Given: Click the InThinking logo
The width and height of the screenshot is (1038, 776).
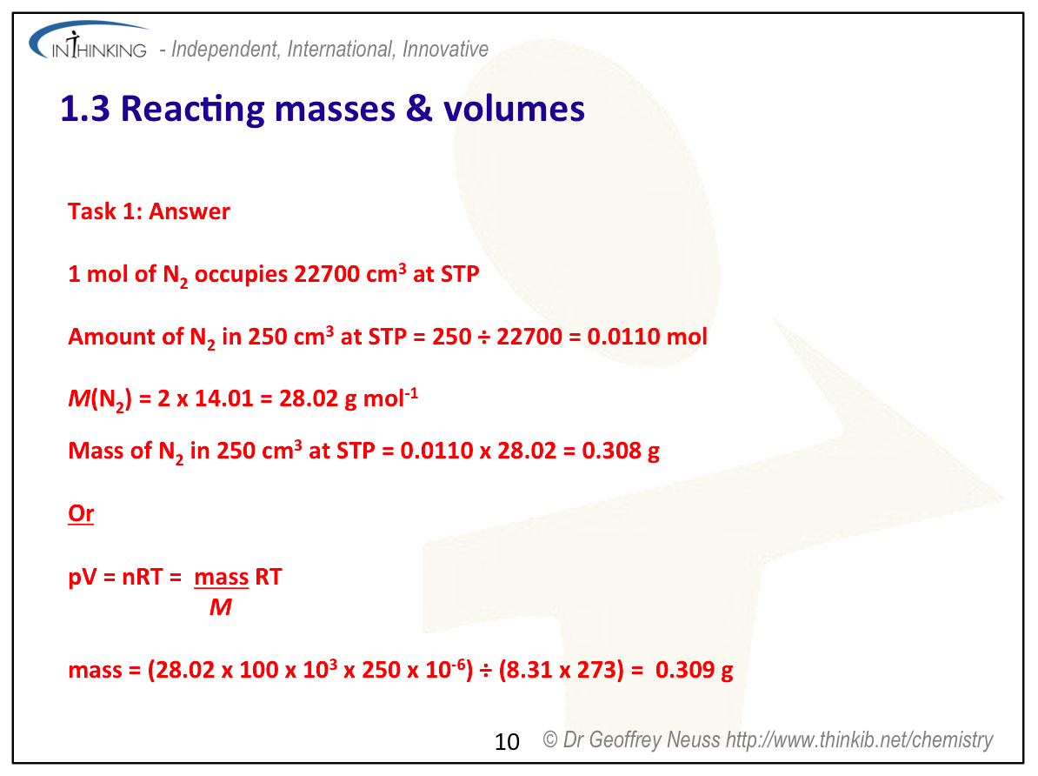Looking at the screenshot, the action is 89,42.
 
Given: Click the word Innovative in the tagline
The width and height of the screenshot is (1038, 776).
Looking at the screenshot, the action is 445,49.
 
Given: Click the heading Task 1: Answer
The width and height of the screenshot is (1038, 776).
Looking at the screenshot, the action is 149,211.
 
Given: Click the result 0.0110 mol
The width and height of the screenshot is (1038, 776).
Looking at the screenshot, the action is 648,336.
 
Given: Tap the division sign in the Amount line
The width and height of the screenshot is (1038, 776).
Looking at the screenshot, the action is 484,337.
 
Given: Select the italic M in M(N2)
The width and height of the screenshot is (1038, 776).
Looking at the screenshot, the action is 79,398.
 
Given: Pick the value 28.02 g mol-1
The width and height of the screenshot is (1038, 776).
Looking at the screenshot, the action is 349,398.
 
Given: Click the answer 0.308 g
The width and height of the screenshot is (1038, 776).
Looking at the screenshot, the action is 621,451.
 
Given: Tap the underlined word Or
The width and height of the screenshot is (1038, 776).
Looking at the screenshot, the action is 81,513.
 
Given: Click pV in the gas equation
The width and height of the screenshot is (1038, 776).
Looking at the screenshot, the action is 82,577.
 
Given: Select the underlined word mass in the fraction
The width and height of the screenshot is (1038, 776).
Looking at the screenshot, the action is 221,577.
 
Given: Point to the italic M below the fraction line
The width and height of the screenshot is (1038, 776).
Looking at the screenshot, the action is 221,607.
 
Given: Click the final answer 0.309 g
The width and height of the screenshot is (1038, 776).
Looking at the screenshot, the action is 695,670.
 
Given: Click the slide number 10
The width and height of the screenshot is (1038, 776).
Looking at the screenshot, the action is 507,741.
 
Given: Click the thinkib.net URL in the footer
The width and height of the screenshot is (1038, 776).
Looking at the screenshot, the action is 859,739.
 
